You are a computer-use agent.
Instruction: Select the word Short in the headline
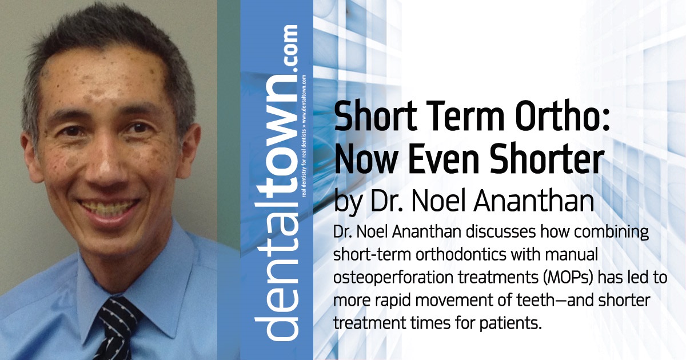pos(365,121)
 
